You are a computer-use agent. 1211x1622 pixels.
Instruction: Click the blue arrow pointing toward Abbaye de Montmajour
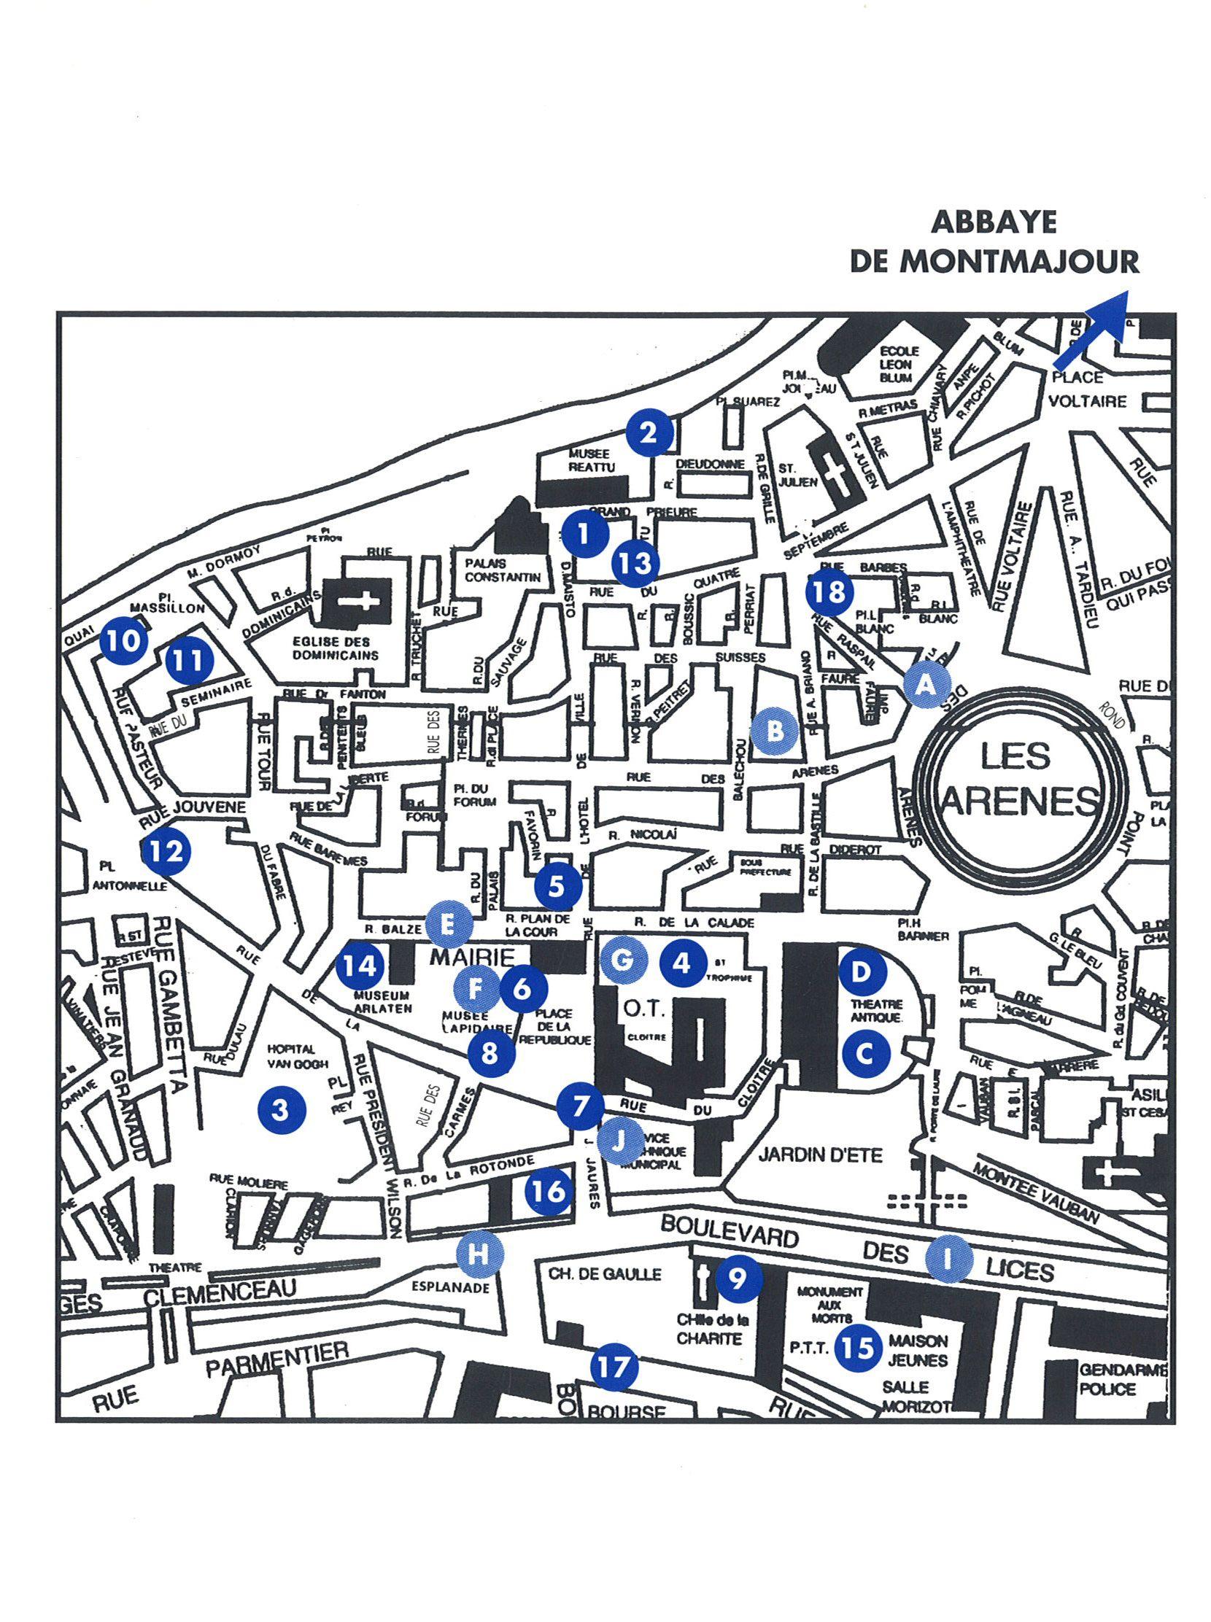[1090, 328]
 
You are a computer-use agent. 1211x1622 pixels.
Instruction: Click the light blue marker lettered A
[926, 685]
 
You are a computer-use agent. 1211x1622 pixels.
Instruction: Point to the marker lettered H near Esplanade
[478, 1254]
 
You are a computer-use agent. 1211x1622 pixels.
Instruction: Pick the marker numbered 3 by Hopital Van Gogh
[281, 1111]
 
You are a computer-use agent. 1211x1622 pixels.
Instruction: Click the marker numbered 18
[829, 591]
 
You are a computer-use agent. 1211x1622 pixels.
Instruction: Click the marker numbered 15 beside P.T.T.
[859, 1347]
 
